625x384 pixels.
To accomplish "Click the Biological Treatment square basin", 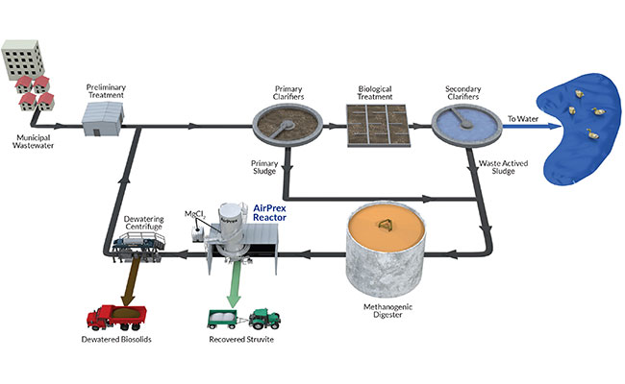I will point(378,127).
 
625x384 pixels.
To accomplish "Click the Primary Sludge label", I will point(264,166).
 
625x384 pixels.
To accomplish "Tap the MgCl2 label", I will point(191,212).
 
